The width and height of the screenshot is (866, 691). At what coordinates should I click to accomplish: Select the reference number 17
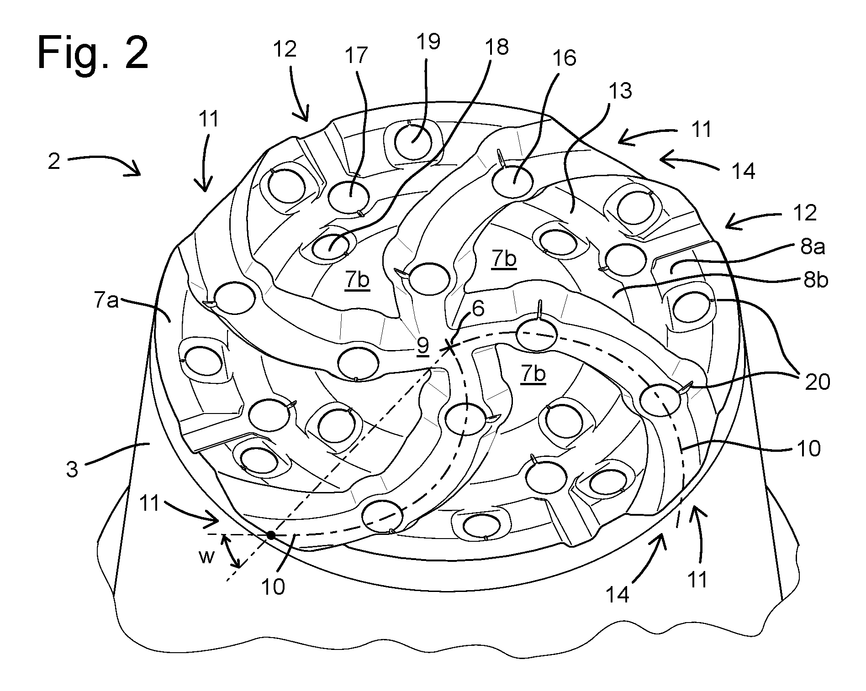point(356,55)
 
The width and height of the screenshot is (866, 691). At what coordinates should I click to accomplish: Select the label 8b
point(814,280)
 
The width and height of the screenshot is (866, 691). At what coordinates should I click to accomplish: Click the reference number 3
point(72,469)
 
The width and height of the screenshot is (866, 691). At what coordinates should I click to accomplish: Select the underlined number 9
point(423,346)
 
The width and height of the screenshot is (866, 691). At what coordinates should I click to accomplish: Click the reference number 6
point(478,309)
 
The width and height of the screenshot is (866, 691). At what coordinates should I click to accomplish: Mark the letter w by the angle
point(207,557)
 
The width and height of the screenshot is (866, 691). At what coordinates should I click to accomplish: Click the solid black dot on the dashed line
point(271,535)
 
